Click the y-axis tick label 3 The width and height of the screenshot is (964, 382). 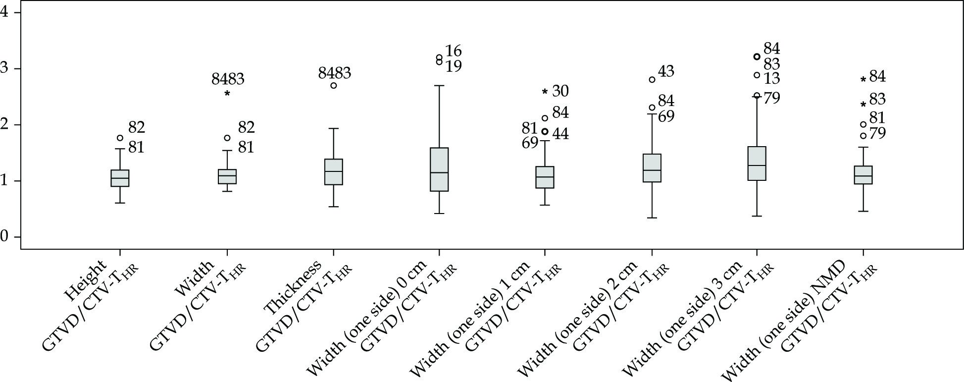pyautogui.click(x=5, y=68)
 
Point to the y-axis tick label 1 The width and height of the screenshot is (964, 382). pyautogui.click(x=5, y=181)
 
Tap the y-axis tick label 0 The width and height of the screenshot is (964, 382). pyautogui.click(x=5, y=237)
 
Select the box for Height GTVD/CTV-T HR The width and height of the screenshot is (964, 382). pyautogui.click(x=120, y=178)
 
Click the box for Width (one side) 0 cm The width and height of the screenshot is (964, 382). pyautogui.click(x=439, y=169)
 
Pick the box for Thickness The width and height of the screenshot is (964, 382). pyautogui.click(x=333, y=172)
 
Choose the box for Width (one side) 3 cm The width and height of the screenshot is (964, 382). pyautogui.click(x=757, y=164)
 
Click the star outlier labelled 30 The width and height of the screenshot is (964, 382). pyautogui.click(x=545, y=92)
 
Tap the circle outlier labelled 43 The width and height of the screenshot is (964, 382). pyautogui.click(x=652, y=79)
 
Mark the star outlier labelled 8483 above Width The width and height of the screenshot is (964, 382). pyautogui.click(x=227, y=94)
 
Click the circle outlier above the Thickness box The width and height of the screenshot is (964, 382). pyautogui.click(x=334, y=85)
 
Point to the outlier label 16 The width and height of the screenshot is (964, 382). pyautogui.click(x=453, y=51)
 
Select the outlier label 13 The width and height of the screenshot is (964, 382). pyautogui.click(x=771, y=79)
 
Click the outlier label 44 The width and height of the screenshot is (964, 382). pyautogui.click(x=560, y=134)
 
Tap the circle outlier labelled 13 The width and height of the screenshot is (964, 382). pyautogui.click(x=757, y=75)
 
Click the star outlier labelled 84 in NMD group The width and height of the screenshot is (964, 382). pyautogui.click(x=863, y=79)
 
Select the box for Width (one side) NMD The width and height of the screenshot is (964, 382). pyautogui.click(x=863, y=175)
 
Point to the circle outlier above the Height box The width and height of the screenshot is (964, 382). pyautogui.click(x=120, y=138)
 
